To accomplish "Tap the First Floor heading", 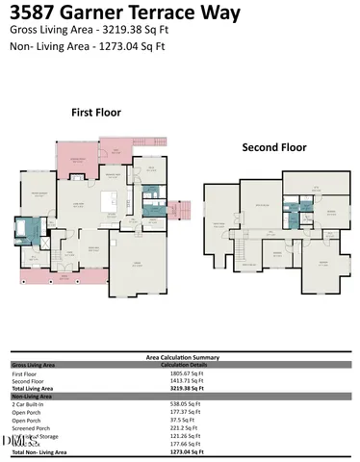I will [96, 113].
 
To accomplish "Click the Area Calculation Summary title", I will [179, 356].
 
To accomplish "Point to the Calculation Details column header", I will [184, 365].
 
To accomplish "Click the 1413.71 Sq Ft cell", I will [179, 381].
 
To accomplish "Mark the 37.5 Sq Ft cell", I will [175, 420].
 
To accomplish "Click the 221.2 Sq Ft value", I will [176, 427].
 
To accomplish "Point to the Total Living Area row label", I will [34, 389].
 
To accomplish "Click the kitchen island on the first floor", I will [119, 203].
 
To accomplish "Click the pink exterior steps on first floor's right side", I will [184, 209].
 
